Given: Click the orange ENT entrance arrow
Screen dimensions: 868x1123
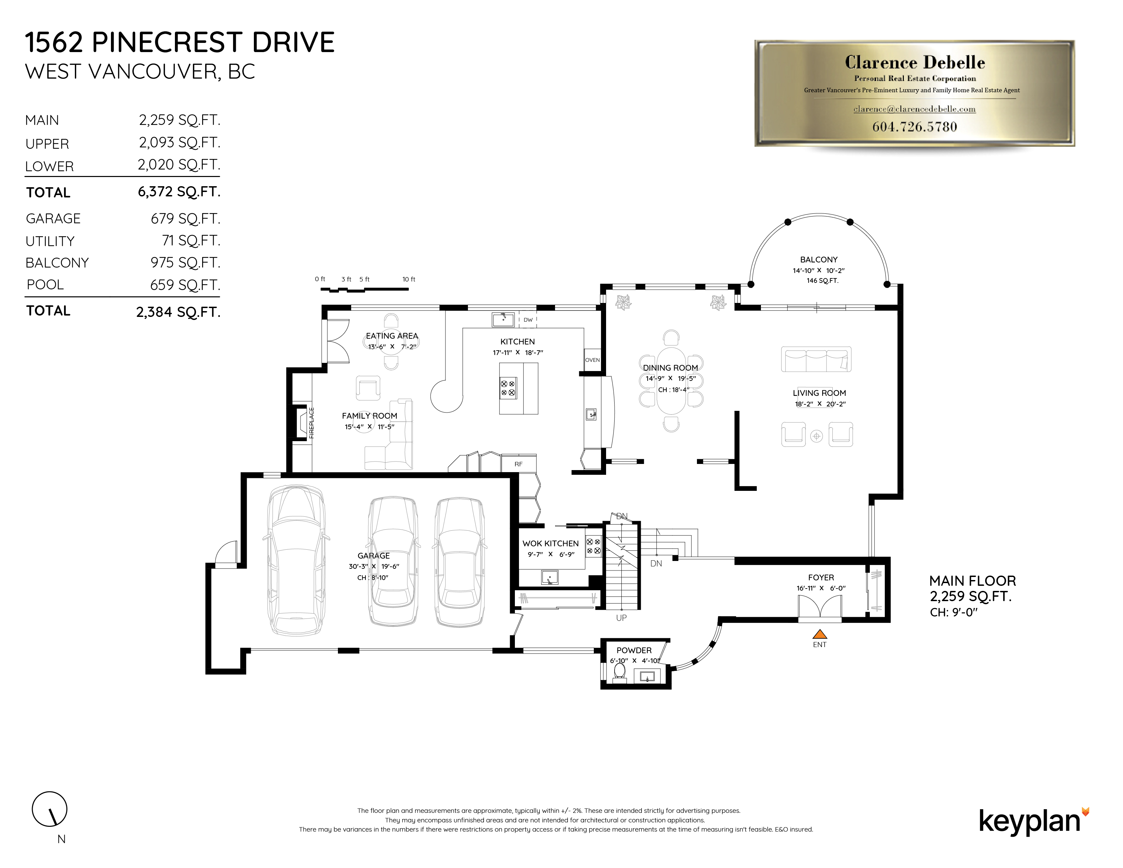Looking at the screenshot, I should point(820,634).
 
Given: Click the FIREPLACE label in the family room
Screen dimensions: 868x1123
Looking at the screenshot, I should point(311,423).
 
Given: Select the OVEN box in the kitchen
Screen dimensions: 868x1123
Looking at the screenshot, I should point(592,360).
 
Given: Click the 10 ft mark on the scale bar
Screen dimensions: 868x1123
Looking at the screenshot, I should point(409,279).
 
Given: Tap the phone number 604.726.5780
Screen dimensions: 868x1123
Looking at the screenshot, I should point(914,127).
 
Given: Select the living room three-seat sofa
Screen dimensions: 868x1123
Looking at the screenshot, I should point(816,359).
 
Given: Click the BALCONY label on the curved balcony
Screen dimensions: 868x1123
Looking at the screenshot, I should point(818,260).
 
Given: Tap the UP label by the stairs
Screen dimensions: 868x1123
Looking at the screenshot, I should point(621,617).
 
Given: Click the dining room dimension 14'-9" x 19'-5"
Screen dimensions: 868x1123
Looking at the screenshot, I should point(670,379).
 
